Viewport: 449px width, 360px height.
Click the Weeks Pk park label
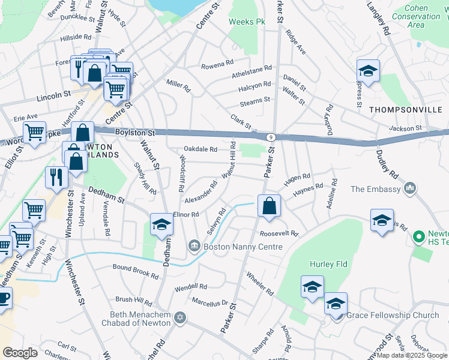(247, 22)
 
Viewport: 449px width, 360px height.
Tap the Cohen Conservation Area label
(423, 16)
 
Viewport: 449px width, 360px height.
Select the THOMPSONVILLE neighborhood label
(406, 110)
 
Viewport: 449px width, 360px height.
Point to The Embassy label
(375, 189)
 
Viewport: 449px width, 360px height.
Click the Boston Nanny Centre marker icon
(194, 246)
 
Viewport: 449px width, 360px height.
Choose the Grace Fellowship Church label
(393, 315)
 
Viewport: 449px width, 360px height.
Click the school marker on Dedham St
(161, 225)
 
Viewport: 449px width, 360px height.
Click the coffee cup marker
(3, 298)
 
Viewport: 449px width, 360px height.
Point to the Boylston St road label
(134, 132)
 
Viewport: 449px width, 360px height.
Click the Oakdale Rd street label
(200, 149)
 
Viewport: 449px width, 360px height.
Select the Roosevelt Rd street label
(279, 234)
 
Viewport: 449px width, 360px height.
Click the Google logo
(20, 353)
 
